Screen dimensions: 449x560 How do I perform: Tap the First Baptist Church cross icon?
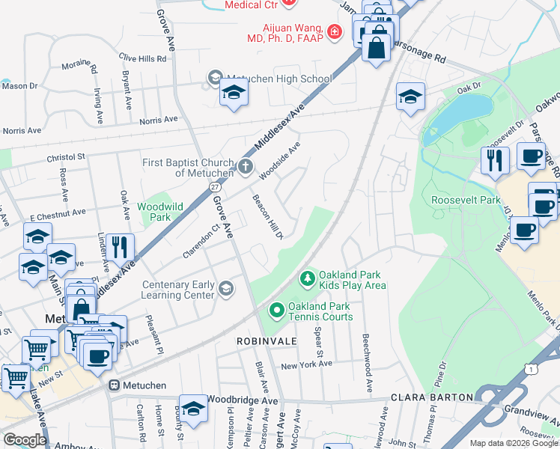click(x=246, y=167)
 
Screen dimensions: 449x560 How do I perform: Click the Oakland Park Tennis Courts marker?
click(x=276, y=309)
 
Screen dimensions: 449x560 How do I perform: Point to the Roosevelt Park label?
click(x=466, y=200)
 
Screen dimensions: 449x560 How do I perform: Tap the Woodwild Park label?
click(x=155, y=212)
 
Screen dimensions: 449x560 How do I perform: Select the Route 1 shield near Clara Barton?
click(x=530, y=370)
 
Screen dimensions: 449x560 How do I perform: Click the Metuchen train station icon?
click(x=115, y=385)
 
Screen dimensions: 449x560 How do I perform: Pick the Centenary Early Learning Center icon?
click(x=225, y=289)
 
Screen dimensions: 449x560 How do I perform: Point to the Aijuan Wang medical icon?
click(x=334, y=32)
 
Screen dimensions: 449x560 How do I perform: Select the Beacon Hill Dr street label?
click(x=267, y=218)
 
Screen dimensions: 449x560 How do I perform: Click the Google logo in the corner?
click(x=25, y=440)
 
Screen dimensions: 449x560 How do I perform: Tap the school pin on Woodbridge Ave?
click(x=193, y=409)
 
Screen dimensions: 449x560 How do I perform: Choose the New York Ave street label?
click(x=306, y=365)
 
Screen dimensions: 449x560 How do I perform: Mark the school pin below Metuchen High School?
click(x=234, y=93)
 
